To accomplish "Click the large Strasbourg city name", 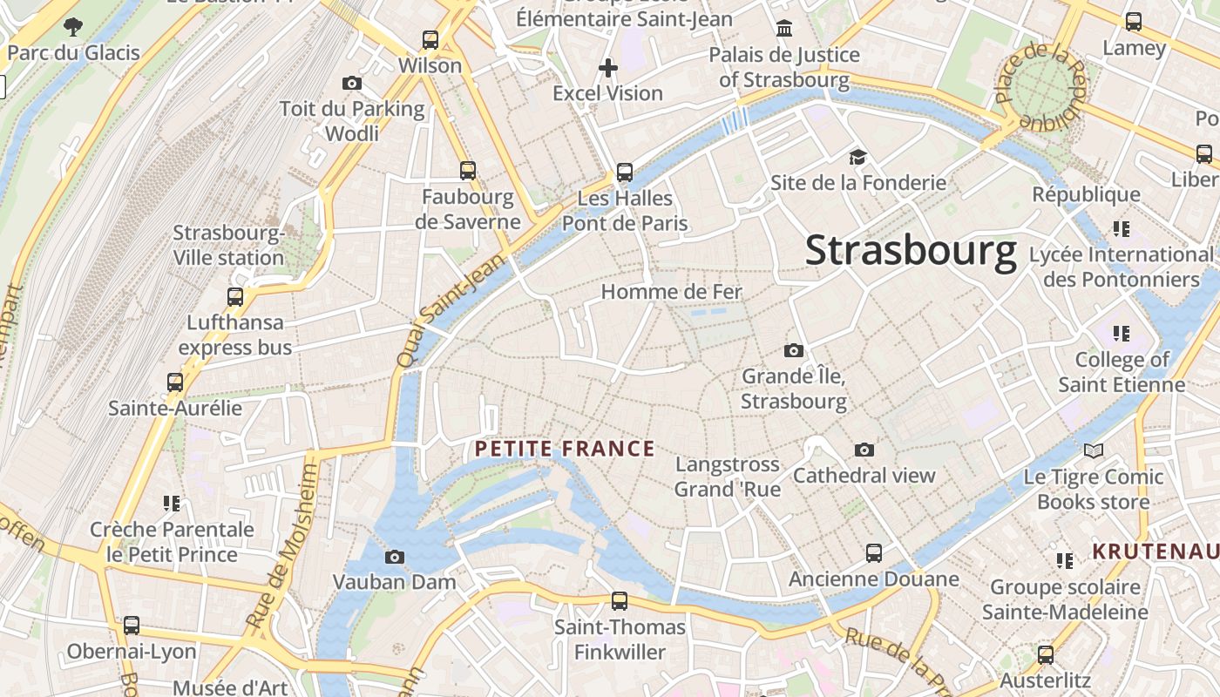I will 911,251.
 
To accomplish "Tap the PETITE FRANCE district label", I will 564,449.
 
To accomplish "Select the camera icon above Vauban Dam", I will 395,557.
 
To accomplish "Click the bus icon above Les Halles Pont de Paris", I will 625,172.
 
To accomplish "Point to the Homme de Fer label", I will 671,292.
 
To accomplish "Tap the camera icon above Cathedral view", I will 864,450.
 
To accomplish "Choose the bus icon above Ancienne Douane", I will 874,553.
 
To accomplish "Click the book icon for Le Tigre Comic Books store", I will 1094,450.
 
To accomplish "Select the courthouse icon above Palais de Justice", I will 784,29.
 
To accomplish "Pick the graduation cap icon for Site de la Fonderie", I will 858,157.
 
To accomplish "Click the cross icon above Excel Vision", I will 608,67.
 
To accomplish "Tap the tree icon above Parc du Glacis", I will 73,26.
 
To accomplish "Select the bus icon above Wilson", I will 430,39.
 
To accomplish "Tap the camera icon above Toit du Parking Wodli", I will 352,84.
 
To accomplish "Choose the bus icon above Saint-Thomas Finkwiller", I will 620,600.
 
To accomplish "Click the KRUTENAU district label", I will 1156,552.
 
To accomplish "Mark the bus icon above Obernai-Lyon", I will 132,625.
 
